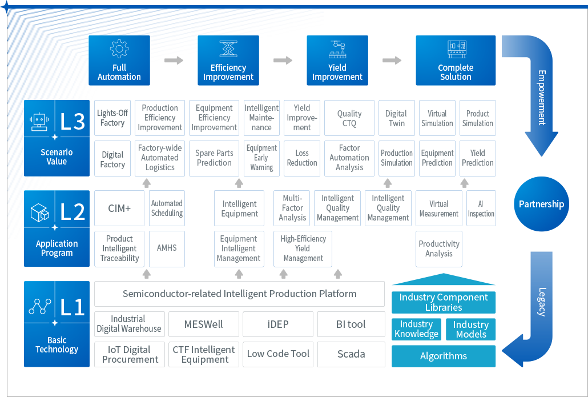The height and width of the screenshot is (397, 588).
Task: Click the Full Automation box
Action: (x=119, y=61)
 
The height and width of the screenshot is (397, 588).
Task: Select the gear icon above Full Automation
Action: (x=119, y=49)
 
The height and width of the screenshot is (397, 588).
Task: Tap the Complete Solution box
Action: (x=456, y=61)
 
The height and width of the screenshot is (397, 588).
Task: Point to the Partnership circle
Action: (x=541, y=204)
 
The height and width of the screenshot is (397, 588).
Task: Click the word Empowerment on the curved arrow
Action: (x=542, y=97)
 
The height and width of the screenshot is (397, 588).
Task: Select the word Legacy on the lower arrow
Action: (x=542, y=302)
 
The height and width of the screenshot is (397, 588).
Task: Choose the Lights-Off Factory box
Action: (x=112, y=118)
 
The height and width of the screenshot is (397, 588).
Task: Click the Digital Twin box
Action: (x=396, y=118)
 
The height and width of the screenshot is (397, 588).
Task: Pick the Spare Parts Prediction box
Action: (x=214, y=158)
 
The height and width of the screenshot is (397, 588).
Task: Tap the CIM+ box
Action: (x=120, y=208)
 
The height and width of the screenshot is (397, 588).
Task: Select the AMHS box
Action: (x=167, y=248)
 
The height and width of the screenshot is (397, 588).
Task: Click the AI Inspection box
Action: (x=481, y=208)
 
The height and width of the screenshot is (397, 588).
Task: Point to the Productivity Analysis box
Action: (x=439, y=248)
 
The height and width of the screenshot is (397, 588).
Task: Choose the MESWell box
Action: (x=204, y=324)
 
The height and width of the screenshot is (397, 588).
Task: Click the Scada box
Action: (x=351, y=354)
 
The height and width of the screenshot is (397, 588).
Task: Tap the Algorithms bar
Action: (x=444, y=356)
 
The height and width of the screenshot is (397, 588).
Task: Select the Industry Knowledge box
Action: (x=417, y=329)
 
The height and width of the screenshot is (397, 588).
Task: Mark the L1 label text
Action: (x=73, y=307)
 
